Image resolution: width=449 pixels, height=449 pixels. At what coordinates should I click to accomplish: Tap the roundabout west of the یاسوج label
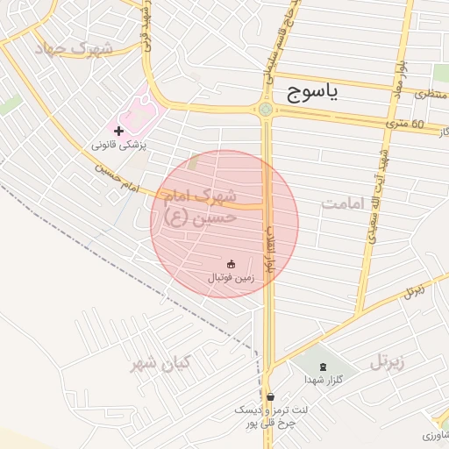(266, 109)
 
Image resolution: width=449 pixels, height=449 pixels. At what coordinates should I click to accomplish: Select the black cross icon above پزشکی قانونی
(118, 130)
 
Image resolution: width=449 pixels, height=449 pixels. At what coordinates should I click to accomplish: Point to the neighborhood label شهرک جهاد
(75, 47)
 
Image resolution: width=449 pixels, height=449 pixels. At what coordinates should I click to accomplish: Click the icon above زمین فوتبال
(231, 263)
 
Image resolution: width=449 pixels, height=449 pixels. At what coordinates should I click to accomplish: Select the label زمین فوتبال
(231, 276)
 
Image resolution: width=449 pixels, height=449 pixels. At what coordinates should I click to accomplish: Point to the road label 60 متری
(404, 125)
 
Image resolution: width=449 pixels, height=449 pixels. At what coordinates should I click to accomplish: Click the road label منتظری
(429, 93)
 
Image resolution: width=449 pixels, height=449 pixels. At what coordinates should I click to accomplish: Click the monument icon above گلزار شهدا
(322, 366)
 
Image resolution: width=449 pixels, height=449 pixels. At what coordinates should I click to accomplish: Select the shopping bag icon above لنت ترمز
(269, 396)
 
